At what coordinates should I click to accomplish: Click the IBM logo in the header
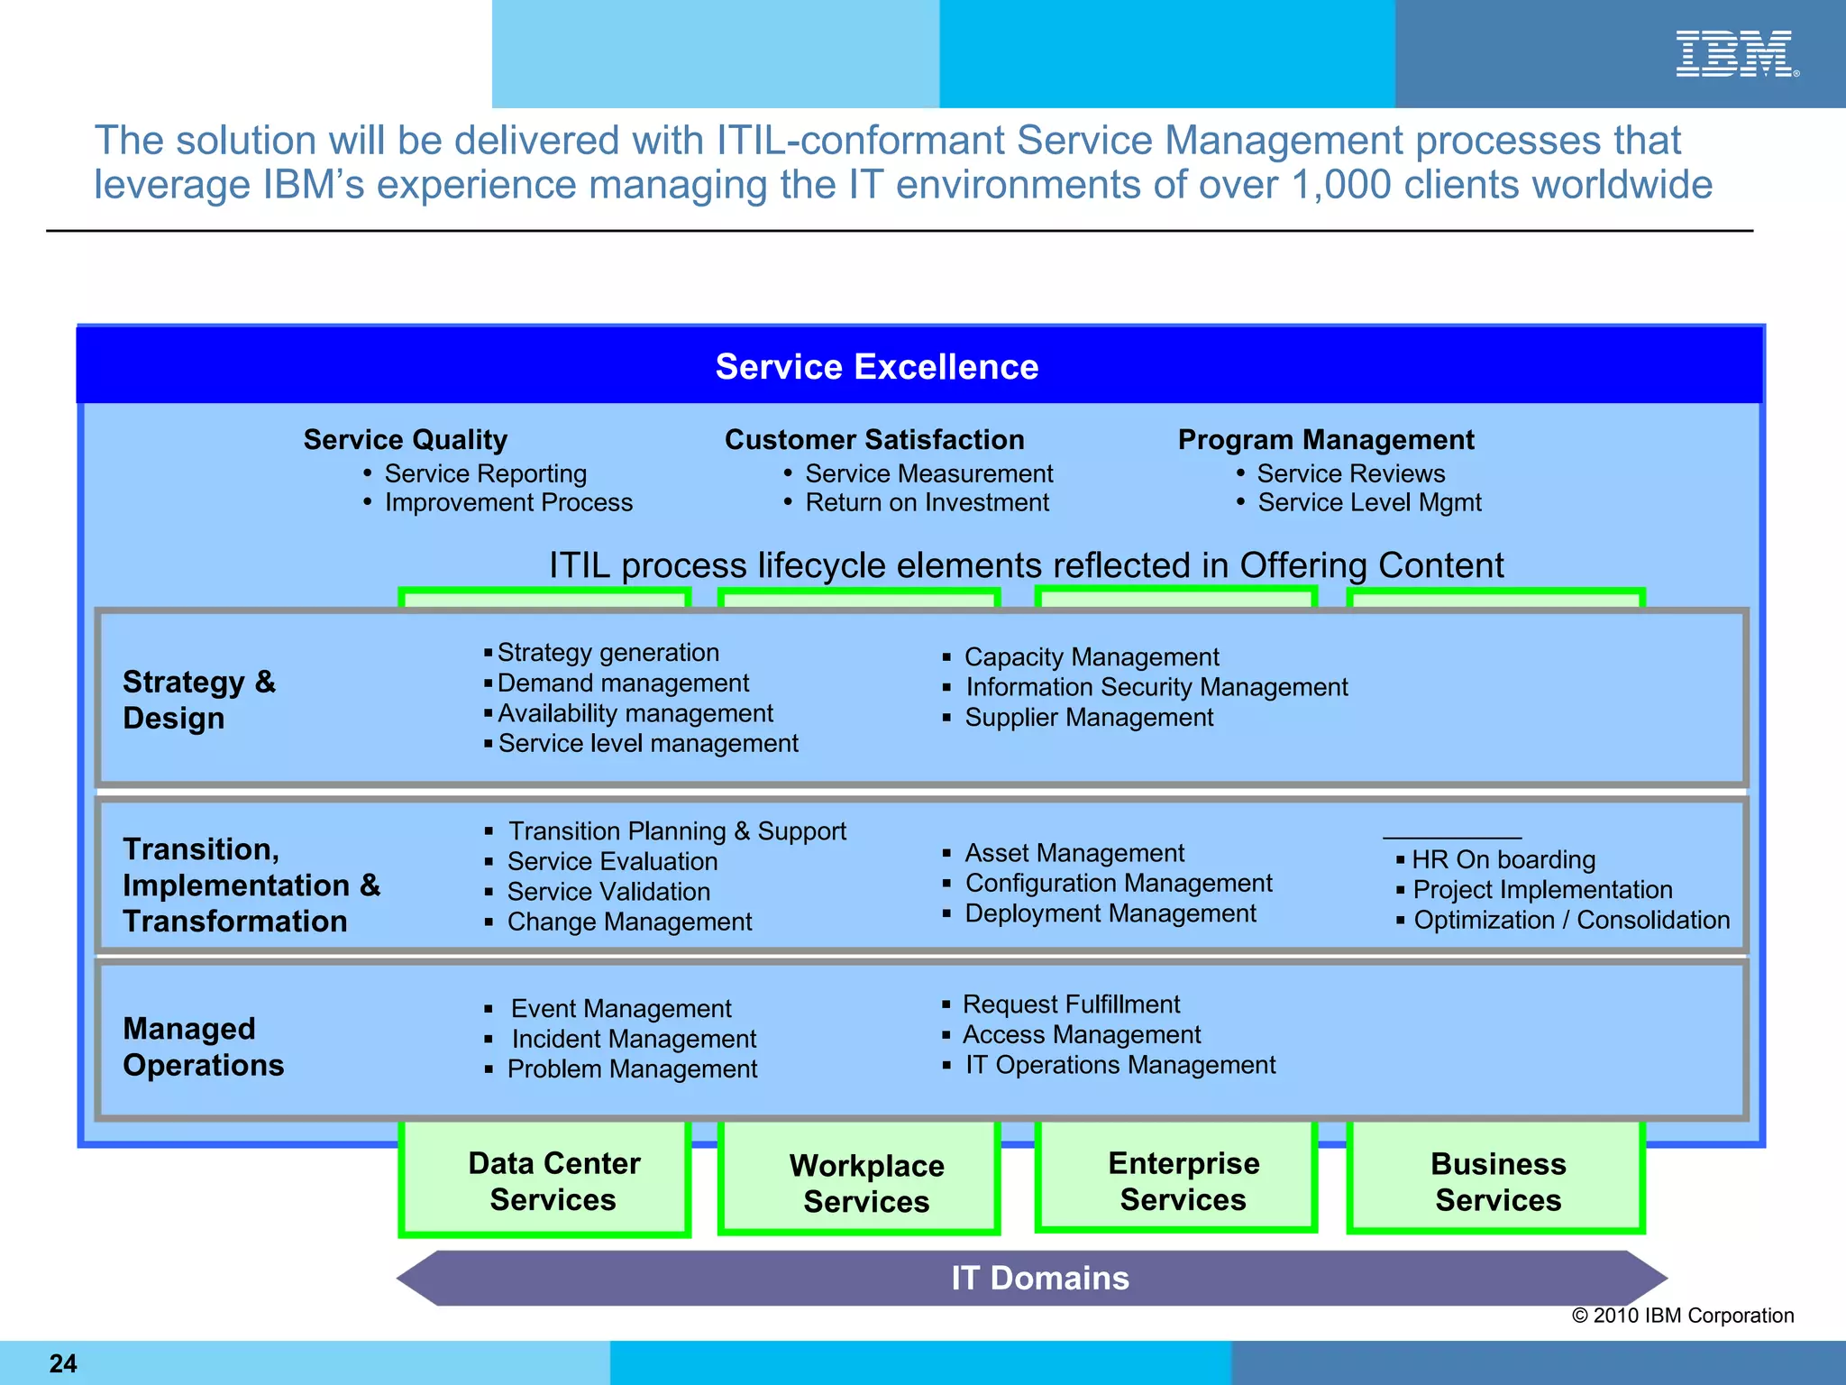tap(1736, 54)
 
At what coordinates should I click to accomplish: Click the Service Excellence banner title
tap(876, 367)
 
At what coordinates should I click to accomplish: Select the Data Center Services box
tap(553, 1181)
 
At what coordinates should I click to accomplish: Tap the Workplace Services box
tap(866, 1183)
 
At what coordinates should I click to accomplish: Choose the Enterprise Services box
tap(1183, 1181)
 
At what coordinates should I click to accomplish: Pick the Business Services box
tap(1497, 1182)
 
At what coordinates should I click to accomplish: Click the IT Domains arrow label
tap(1039, 1278)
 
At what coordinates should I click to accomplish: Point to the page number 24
tap(63, 1363)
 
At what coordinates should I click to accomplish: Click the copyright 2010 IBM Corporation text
tap(1682, 1316)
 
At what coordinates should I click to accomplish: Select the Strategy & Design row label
tap(199, 700)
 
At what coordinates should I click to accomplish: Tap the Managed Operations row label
tap(204, 1047)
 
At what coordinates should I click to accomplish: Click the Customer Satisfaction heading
tap(874, 440)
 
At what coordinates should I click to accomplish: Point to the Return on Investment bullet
tap(927, 502)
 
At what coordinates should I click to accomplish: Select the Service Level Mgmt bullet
tap(1369, 502)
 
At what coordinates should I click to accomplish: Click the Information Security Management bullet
tap(1156, 687)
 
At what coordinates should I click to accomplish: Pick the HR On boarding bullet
tap(1503, 859)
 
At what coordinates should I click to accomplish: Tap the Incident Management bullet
tap(634, 1039)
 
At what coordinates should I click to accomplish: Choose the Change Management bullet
tap(629, 922)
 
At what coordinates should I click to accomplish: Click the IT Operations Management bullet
tap(1120, 1065)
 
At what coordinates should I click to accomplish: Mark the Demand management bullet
tap(623, 683)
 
